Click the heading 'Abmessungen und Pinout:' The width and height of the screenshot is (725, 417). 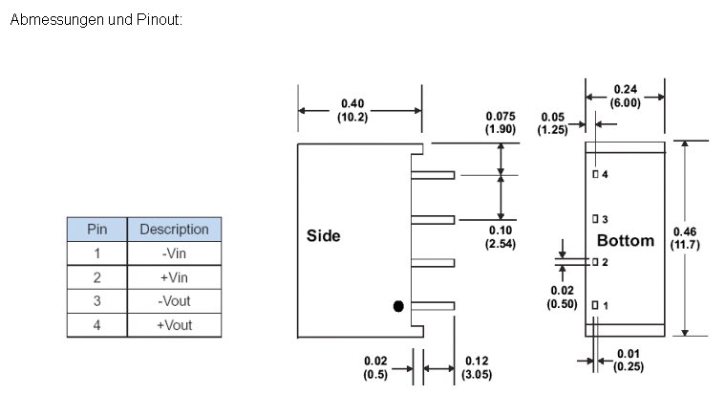[x=96, y=19]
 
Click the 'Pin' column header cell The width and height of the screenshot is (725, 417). [x=96, y=230]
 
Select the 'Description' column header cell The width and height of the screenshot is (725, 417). [x=174, y=230]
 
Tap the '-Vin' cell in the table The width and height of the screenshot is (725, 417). [x=174, y=253]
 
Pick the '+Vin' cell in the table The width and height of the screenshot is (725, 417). [x=174, y=277]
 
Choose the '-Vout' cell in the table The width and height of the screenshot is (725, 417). [x=174, y=301]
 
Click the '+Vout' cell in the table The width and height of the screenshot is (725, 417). [x=174, y=325]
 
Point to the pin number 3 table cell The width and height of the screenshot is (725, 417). [x=96, y=301]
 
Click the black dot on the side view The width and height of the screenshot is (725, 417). [x=398, y=306]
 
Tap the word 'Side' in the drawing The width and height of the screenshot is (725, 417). [x=323, y=235]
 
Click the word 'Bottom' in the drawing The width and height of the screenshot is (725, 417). [x=626, y=240]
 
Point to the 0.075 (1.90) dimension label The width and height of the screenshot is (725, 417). [x=500, y=122]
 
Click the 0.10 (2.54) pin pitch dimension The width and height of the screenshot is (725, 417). [x=500, y=238]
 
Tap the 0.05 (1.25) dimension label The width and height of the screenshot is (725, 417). [x=553, y=122]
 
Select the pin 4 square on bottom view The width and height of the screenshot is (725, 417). [x=594, y=175]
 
